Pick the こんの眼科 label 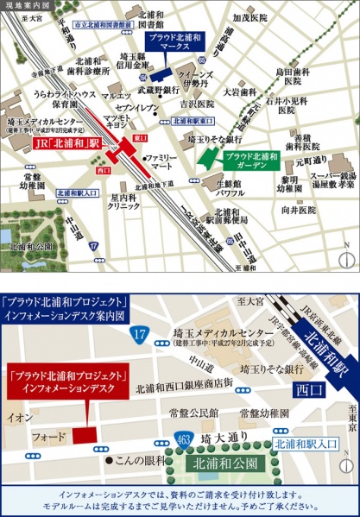[139, 434]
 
